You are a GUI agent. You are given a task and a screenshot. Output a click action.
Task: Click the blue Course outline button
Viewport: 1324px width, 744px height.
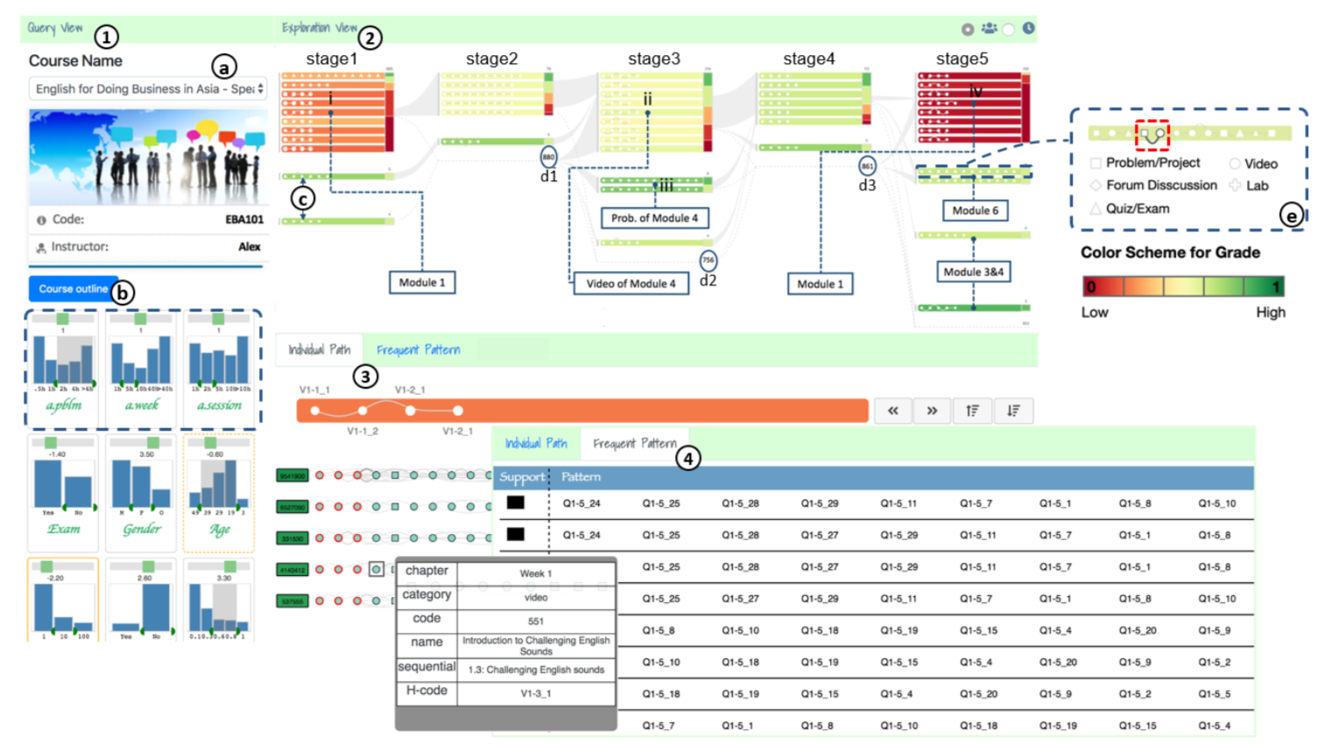(x=73, y=289)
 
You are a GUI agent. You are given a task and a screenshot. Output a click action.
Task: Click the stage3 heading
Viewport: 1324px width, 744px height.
(x=653, y=59)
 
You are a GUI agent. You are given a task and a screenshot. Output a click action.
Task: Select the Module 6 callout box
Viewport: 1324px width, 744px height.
(x=975, y=210)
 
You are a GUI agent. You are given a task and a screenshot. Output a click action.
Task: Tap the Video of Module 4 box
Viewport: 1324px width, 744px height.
(x=630, y=284)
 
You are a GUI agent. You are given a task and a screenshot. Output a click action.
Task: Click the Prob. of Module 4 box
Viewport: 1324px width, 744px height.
(x=654, y=218)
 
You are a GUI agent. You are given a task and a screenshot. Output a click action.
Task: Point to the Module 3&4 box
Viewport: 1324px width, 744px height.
(x=973, y=272)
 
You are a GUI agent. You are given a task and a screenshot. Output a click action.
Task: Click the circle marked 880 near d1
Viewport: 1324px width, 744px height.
(x=548, y=158)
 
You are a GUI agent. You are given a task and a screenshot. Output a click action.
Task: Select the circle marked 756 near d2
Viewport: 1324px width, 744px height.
(x=708, y=260)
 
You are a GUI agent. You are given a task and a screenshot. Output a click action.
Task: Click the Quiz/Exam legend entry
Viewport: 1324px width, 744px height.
(x=1137, y=208)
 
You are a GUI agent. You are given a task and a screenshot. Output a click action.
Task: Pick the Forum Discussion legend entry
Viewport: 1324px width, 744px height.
(x=1160, y=186)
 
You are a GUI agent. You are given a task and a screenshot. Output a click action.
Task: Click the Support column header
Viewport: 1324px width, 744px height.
(x=522, y=477)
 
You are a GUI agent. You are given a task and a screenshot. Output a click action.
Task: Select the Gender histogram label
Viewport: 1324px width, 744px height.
(x=142, y=529)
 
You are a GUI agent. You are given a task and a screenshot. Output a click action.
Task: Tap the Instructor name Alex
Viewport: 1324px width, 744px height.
(x=250, y=247)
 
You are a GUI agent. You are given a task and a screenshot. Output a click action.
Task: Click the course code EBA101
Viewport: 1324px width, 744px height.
(x=244, y=220)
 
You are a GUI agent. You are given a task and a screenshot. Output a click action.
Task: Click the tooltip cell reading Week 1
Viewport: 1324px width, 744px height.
(x=536, y=573)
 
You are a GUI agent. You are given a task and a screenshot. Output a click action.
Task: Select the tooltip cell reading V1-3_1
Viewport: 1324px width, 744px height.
(x=536, y=693)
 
